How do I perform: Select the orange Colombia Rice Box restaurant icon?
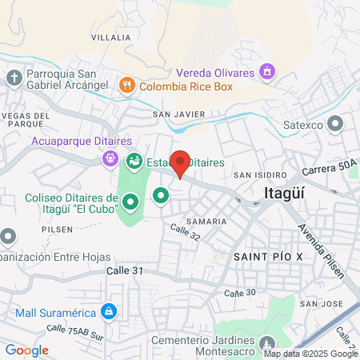coord(126,84)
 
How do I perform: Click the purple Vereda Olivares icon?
coord(267,73)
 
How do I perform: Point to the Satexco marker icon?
coord(336,123)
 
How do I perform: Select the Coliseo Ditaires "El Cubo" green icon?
coord(128,204)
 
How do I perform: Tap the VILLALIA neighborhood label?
coord(110,38)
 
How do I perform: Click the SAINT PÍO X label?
coord(269,255)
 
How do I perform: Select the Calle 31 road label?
coord(124,272)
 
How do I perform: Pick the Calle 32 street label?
coord(183,232)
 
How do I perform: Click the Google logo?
coord(27,350)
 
